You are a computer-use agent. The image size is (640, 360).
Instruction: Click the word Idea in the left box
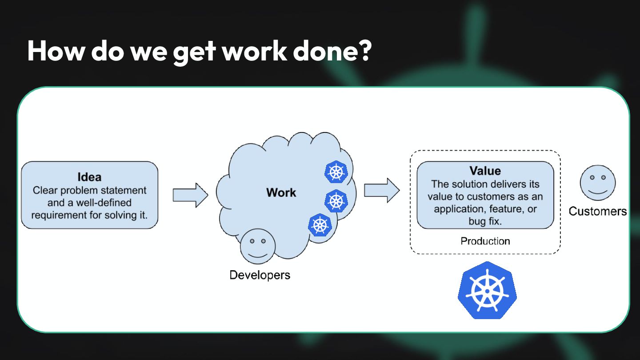(x=89, y=177)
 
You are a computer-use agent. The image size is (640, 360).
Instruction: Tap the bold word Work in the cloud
(x=281, y=192)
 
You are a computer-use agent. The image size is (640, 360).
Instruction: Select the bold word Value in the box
(x=485, y=171)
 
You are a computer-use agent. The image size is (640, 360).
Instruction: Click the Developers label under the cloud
(x=260, y=275)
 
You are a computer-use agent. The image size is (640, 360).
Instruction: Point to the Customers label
(x=598, y=211)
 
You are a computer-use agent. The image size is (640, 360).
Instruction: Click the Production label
(x=485, y=241)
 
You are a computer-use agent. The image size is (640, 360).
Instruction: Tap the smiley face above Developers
(x=258, y=246)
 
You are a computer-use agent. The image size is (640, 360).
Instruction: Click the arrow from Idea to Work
(x=190, y=195)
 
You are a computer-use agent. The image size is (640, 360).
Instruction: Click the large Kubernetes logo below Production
(x=487, y=290)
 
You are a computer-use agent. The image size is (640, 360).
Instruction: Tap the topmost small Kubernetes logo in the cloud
(x=336, y=172)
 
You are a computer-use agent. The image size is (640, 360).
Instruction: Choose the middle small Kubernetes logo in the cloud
(x=336, y=200)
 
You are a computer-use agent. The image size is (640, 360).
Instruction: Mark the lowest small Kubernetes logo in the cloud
(x=320, y=225)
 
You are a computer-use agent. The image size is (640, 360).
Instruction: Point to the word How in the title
(x=56, y=51)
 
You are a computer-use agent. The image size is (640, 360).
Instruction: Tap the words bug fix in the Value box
(x=485, y=221)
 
